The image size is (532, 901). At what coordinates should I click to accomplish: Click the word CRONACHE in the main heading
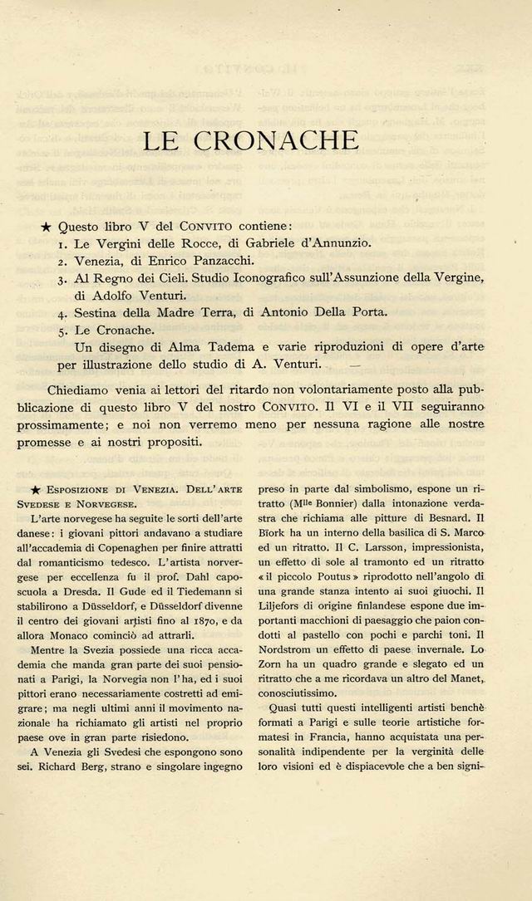click(276, 140)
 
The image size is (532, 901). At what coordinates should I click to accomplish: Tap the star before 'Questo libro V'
click(47, 227)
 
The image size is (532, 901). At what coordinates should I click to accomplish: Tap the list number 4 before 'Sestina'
click(63, 314)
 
